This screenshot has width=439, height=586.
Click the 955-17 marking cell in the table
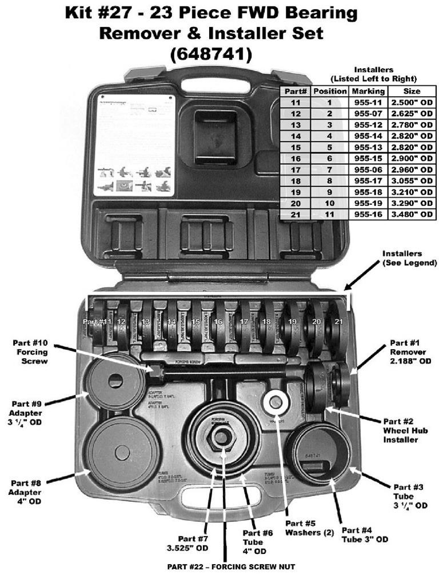368,180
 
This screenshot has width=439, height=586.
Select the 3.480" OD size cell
411,213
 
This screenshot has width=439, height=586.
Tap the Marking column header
368,91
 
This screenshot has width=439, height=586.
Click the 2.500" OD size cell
411,102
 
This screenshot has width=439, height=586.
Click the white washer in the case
276,402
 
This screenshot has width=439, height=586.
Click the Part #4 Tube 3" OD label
365,534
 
